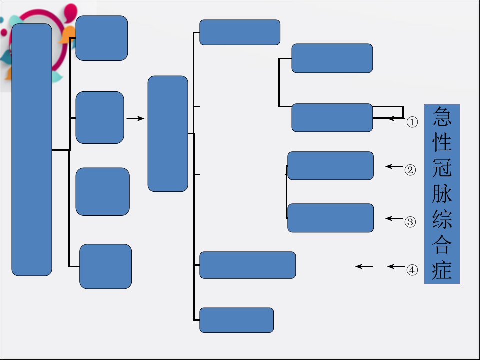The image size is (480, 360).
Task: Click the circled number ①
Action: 412,122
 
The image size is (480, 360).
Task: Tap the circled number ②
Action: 410,170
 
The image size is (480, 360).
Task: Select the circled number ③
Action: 410,222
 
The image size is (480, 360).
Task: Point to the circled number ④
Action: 412,270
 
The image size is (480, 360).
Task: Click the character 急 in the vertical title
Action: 442,116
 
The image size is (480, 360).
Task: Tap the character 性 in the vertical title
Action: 442,142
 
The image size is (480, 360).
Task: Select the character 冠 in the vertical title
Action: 442,168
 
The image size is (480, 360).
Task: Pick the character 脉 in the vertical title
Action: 442,193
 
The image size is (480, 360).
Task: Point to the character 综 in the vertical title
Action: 442,219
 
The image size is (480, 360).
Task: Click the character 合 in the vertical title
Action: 442,245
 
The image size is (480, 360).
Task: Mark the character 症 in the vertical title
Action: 442,270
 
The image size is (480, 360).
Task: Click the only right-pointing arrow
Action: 135,118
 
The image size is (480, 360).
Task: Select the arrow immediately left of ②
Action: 394,167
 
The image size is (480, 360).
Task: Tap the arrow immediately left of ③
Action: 394,218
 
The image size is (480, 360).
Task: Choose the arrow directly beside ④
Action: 396,266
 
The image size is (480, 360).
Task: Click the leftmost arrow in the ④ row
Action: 364,266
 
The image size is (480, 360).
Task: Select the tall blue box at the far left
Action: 32,150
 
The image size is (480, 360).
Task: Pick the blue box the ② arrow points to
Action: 330,166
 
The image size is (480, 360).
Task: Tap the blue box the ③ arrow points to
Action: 330,218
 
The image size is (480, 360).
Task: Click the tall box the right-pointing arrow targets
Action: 168,134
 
